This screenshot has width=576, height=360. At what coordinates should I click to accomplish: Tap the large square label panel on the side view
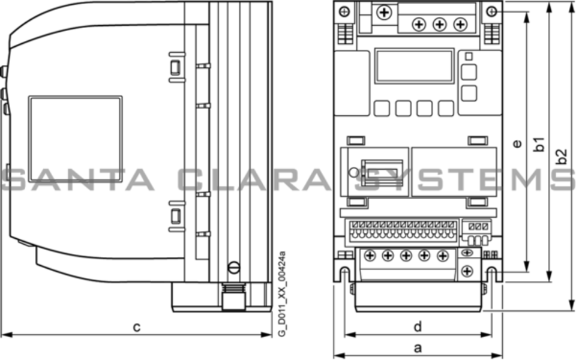(75, 142)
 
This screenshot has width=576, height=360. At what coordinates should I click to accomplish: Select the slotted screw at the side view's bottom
(233, 268)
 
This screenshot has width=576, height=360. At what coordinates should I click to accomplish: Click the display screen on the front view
(414, 66)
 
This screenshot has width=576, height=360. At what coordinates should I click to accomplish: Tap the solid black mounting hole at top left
(344, 11)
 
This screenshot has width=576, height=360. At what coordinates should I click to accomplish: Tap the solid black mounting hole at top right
(491, 11)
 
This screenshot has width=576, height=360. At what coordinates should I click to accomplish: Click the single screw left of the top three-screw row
(383, 11)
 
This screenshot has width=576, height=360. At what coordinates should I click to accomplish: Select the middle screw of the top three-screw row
(440, 25)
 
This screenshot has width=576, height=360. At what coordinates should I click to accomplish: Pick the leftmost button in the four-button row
(382, 108)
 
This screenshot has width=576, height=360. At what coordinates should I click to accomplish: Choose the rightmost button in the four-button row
(446, 108)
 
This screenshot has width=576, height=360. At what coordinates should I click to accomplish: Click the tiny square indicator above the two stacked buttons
(469, 57)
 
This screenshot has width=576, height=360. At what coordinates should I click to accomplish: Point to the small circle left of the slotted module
(354, 173)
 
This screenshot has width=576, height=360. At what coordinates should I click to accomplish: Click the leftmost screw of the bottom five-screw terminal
(370, 256)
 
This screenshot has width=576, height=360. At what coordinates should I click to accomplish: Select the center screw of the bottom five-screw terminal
(406, 256)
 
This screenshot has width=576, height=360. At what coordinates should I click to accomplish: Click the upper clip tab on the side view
(175, 66)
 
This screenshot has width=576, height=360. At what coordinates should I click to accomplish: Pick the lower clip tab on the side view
(175, 216)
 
